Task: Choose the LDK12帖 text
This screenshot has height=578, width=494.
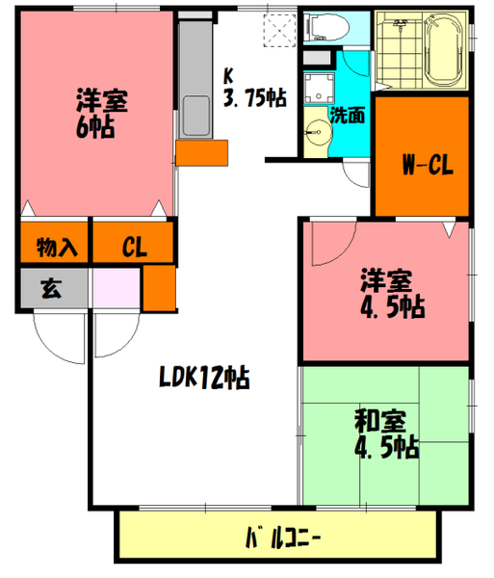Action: (x=204, y=379)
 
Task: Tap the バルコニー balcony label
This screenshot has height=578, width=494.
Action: (x=282, y=537)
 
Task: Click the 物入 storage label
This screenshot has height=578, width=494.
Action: (x=56, y=247)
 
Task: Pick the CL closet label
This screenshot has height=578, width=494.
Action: (x=134, y=247)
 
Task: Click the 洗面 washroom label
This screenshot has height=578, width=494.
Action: (x=348, y=116)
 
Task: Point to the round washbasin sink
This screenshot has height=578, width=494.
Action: (x=316, y=132)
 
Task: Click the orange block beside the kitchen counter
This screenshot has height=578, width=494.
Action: (x=201, y=153)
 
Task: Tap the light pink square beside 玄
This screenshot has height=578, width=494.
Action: (x=116, y=287)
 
